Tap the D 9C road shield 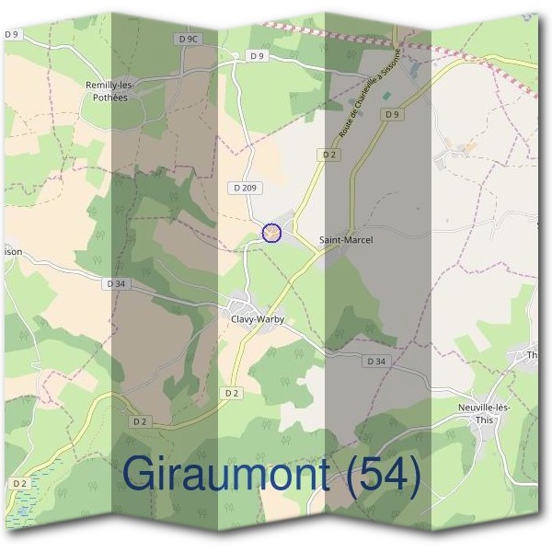click(x=187, y=39)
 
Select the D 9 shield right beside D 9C click(x=257, y=56)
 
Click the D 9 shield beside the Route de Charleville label click(x=393, y=114)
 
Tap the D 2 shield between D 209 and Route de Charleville click(x=330, y=155)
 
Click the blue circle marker click(x=271, y=233)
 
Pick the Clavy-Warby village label click(x=258, y=319)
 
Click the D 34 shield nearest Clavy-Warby click(x=116, y=284)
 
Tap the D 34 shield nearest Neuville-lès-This click(x=375, y=362)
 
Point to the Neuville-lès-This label click(x=484, y=411)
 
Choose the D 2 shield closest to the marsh click(x=20, y=483)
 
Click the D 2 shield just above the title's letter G click(x=140, y=421)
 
